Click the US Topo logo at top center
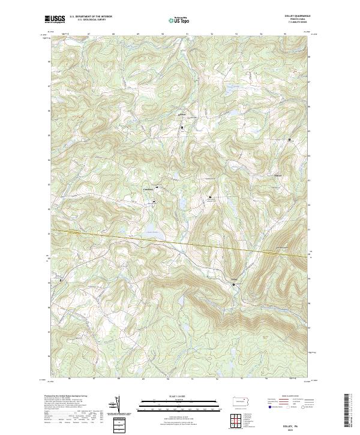[x=179, y=19]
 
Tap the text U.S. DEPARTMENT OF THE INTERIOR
[x=91, y=17]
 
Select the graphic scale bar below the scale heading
[x=179, y=404]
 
